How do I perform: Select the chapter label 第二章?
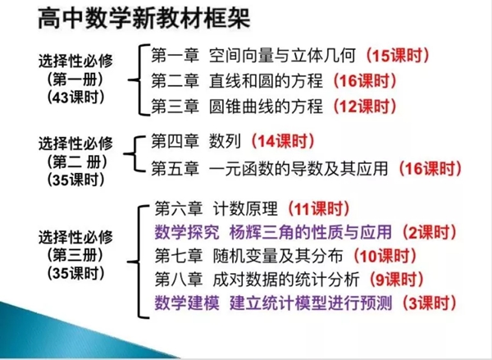tap(175, 81)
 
